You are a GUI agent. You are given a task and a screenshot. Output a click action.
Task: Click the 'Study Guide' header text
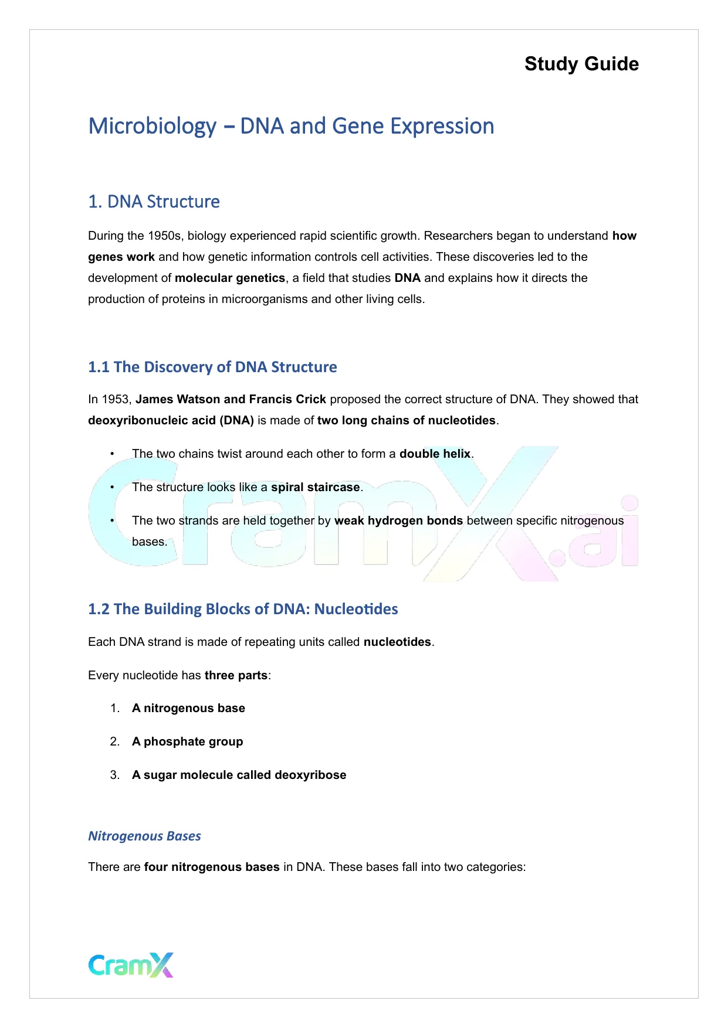tap(581, 64)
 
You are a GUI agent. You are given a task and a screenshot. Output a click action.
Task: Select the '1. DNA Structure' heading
tap(154, 202)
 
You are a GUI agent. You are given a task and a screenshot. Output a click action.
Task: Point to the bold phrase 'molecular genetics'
tap(230, 278)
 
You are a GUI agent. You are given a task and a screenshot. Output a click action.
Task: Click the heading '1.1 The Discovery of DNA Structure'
tap(212, 367)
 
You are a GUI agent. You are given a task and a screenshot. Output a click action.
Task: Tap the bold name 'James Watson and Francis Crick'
tap(231, 400)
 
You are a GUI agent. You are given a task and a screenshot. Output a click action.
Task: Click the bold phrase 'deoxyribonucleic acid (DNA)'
tap(171, 421)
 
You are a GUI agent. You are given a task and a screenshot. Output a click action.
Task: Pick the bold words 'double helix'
tap(435, 454)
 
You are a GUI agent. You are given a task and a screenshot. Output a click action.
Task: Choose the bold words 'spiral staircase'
tap(315, 488)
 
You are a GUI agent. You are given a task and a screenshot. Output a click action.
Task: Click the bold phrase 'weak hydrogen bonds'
tap(398, 521)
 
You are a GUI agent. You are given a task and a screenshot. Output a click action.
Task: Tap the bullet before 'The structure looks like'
tap(112, 488)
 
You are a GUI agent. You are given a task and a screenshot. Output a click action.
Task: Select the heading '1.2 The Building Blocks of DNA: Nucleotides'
tap(243, 610)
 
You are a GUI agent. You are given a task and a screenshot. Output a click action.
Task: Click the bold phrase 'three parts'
tap(236, 676)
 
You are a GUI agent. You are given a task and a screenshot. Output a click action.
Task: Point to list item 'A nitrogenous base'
tap(188, 709)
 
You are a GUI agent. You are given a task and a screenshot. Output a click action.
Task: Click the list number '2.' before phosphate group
tap(115, 742)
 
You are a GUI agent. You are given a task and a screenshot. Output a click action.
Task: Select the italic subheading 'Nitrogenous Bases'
tap(144, 836)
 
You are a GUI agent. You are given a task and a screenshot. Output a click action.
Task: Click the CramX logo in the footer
tap(131, 965)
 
